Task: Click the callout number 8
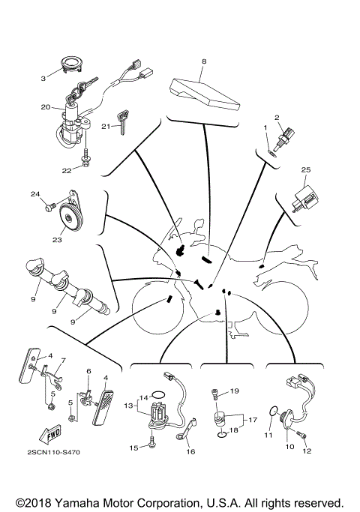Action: click(203, 59)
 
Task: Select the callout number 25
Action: click(306, 170)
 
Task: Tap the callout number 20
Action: click(43, 76)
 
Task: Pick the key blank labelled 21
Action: click(121, 127)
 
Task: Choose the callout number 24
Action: click(34, 196)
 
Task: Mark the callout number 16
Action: click(190, 452)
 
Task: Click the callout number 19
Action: click(234, 391)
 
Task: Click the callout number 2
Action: click(277, 117)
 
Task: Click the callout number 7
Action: click(63, 360)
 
